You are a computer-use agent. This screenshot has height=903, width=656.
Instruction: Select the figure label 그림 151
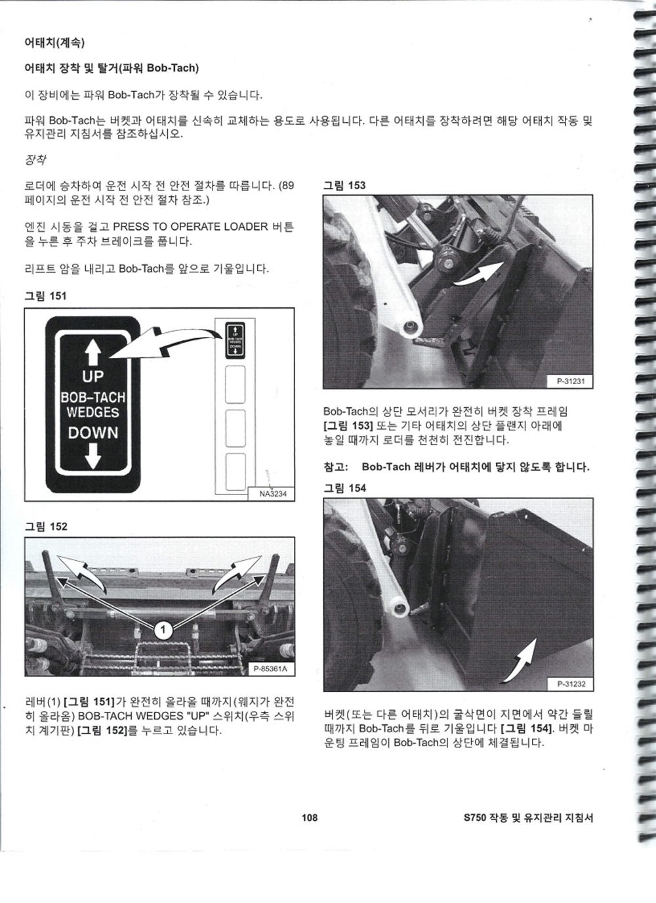[45, 296]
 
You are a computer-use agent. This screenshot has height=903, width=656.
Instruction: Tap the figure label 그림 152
[46, 527]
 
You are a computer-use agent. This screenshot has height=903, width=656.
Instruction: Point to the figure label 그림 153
[344, 185]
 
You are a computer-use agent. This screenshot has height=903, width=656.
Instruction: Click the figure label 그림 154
[344, 488]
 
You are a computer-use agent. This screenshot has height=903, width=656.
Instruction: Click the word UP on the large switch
[92, 376]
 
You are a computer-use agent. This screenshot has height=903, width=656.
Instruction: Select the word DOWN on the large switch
[93, 433]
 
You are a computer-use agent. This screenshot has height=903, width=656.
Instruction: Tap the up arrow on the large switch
[93, 352]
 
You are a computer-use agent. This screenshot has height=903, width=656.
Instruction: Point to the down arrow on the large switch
[93, 456]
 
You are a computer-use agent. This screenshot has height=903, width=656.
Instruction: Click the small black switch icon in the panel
[236, 340]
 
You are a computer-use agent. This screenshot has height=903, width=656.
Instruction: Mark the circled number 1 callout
[163, 630]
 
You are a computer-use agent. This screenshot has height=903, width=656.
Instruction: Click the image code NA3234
[273, 494]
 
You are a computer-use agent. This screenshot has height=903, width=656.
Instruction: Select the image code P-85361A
[270, 669]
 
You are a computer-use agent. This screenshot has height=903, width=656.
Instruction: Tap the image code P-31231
[571, 381]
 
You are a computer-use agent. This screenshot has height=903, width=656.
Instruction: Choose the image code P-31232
[571, 684]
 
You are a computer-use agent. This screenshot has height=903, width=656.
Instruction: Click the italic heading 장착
[35, 160]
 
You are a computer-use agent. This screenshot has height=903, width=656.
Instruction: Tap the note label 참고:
[335, 467]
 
